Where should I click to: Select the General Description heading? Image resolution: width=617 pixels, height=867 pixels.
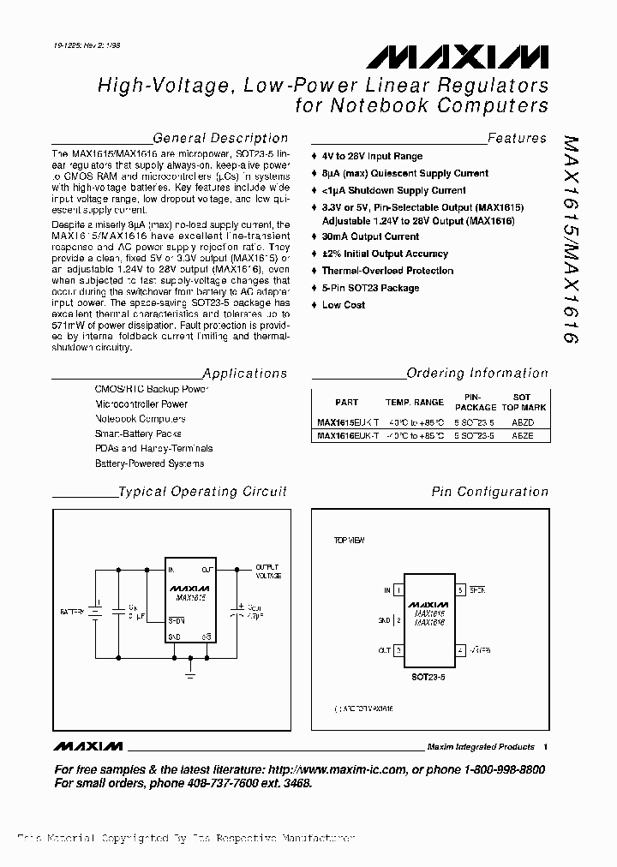point(220,138)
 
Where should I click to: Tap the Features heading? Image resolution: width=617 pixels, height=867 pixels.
point(517,138)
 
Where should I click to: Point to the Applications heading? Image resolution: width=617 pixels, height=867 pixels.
point(245,374)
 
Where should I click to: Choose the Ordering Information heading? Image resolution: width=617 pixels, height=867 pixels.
point(477,374)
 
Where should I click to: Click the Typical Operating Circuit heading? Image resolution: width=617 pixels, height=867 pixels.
point(202,492)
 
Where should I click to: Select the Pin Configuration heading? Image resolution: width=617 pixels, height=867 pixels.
point(489,492)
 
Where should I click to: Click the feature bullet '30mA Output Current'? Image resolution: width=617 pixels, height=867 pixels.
point(370,236)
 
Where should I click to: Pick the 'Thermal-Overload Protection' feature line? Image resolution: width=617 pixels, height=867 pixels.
point(387,271)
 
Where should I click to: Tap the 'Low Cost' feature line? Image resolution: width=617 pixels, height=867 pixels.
point(344,305)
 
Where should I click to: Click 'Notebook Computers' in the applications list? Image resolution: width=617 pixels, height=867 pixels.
point(140,419)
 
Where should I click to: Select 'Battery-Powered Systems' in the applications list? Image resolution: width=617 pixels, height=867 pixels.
point(149,463)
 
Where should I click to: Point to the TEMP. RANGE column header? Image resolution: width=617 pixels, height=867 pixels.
point(415,402)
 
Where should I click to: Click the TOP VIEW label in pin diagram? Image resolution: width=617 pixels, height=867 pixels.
point(349,541)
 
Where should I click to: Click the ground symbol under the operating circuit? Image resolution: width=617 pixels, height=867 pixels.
point(189,674)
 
